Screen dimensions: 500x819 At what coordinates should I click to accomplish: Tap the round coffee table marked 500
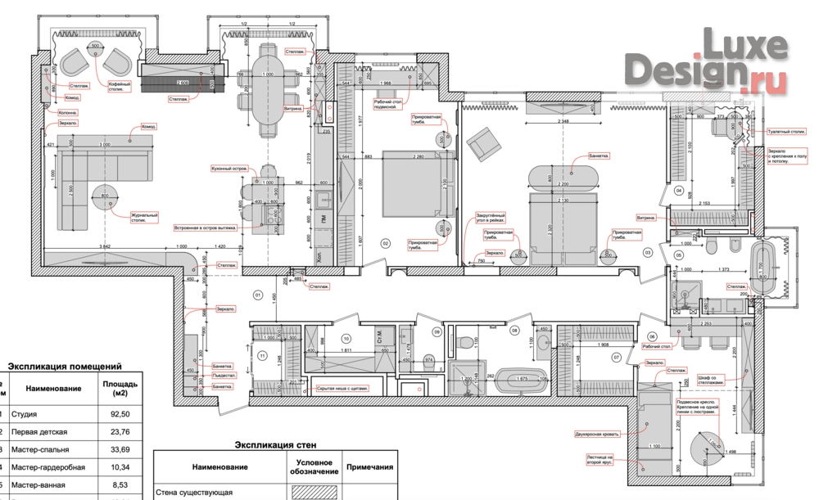96,47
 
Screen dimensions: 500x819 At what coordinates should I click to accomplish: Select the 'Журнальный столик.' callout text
143,218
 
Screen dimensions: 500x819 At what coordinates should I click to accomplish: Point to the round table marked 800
105,196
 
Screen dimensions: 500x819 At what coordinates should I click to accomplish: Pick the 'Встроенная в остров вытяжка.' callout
205,228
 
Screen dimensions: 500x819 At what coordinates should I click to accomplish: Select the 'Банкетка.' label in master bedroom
599,155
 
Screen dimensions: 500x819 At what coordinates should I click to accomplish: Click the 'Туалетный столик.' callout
783,129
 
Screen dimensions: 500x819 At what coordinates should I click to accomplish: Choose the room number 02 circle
385,243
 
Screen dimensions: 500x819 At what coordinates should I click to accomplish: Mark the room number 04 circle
677,190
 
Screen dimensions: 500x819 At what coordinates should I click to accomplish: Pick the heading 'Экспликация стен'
275,445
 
